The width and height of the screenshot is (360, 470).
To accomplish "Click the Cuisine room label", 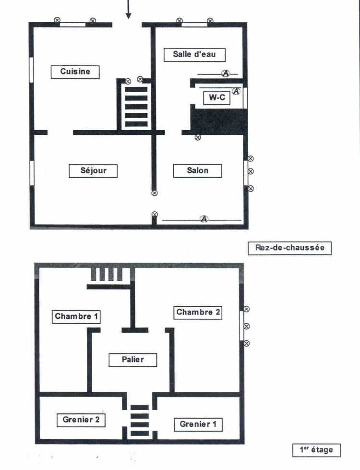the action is pyautogui.click(x=75, y=72).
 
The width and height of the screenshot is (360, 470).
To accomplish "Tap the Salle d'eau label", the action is pyautogui.click(x=194, y=55).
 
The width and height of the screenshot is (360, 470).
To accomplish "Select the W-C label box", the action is pyautogui.click(x=216, y=98).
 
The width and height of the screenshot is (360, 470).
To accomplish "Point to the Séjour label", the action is pyautogui.click(x=93, y=171).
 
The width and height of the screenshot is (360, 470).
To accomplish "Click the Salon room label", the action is pyautogui.click(x=198, y=171).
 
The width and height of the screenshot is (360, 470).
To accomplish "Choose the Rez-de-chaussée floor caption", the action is pyautogui.click(x=290, y=248).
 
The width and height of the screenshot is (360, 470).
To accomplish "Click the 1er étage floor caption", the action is pyautogui.click(x=316, y=450).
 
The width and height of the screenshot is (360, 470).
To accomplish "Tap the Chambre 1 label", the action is pyautogui.click(x=76, y=316).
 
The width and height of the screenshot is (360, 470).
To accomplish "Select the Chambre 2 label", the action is pyautogui.click(x=198, y=313).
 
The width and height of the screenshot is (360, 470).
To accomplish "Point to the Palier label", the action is pyautogui.click(x=133, y=360).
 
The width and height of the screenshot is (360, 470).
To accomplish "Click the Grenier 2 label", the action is pyautogui.click(x=81, y=420).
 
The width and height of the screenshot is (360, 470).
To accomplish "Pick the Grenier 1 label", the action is pyautogui.click(x=198, y=424).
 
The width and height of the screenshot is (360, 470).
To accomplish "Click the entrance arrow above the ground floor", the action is pyautogui.click(x=128, y=9).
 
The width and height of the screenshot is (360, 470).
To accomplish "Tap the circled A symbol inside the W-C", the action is pyautogui.click(x=237, y=91).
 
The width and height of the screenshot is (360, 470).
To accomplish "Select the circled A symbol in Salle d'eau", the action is pyautogui.click(x=226, y=73).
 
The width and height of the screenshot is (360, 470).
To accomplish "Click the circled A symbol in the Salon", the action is pyautogui.click(x=204, y=219).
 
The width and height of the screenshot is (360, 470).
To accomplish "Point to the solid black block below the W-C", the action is pyautogui.click(x=219, y=121).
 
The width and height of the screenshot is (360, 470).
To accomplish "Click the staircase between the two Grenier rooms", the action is pyautogui.click(x=140, y=420).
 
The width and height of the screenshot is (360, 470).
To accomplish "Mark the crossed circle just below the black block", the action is pyautogui.click(x=198, y=138).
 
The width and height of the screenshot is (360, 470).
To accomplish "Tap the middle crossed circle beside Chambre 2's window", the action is pyautogui.click(x=247, y=326).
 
